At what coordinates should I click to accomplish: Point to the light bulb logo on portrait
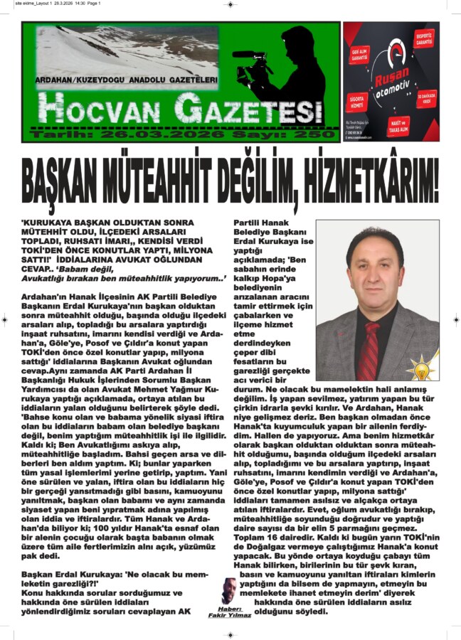(423, 366)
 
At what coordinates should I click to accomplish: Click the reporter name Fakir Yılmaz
(229, 615)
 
